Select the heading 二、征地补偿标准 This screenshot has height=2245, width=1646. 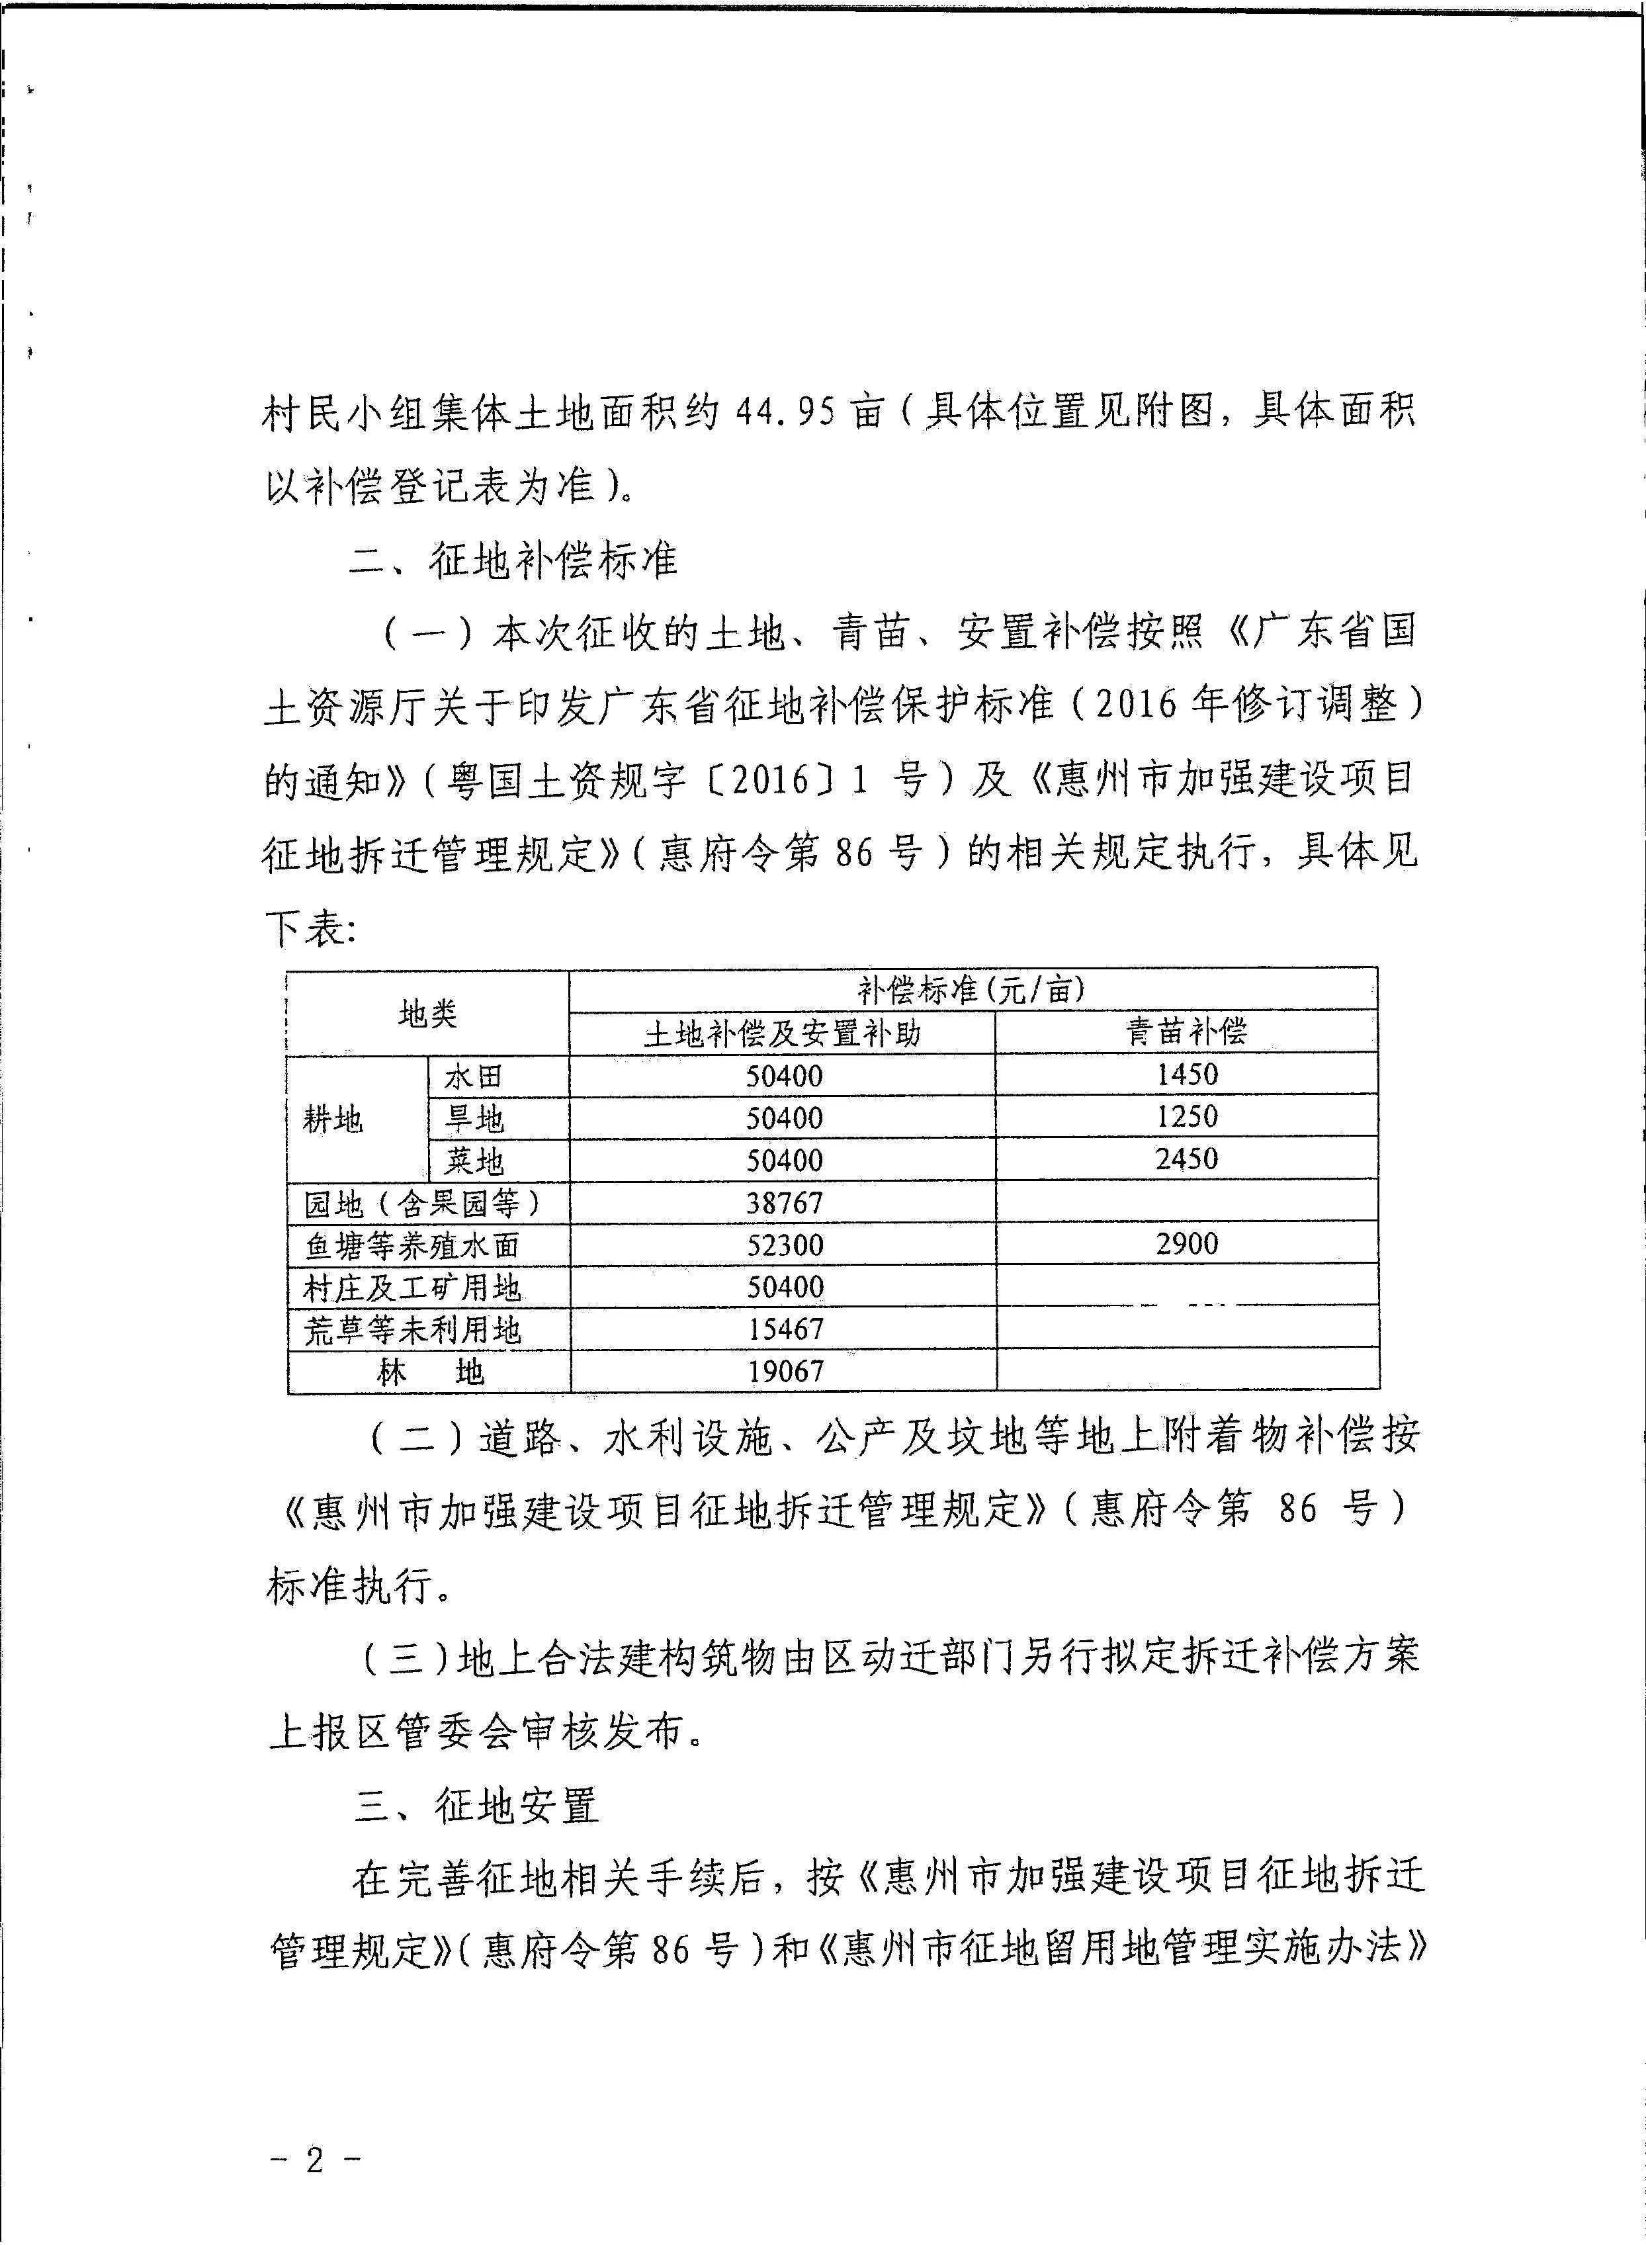[514, 561]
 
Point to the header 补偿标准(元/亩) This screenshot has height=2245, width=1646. [971, 989]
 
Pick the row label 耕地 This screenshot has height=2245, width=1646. [334, 1119]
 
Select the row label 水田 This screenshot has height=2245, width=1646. [473, 1076]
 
